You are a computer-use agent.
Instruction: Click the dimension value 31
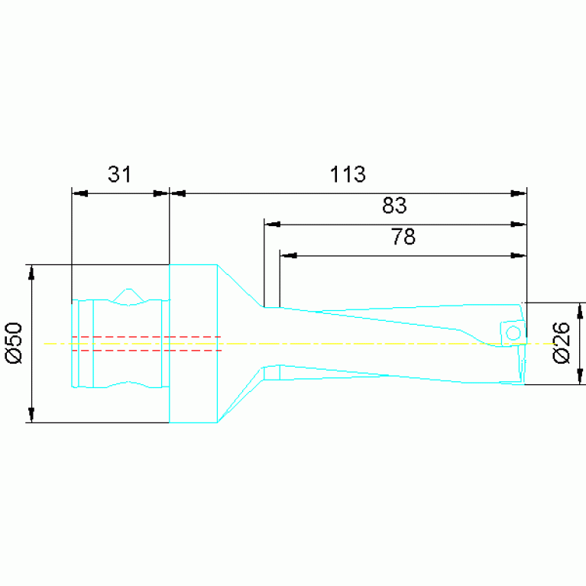point(120,174)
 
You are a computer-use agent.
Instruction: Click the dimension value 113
point(348,174)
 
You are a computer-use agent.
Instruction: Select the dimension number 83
point(394,206)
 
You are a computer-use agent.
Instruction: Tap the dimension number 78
point(403,237)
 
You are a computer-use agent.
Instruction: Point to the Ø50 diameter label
point(14,343)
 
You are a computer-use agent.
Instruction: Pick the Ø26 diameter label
point(562,343)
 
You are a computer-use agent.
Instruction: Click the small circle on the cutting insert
point(513,332)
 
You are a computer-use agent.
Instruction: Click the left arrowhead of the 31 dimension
point(80,193)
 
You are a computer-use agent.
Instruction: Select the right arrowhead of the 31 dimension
point(161,193)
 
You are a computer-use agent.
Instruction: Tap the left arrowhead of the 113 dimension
point(178,193)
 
